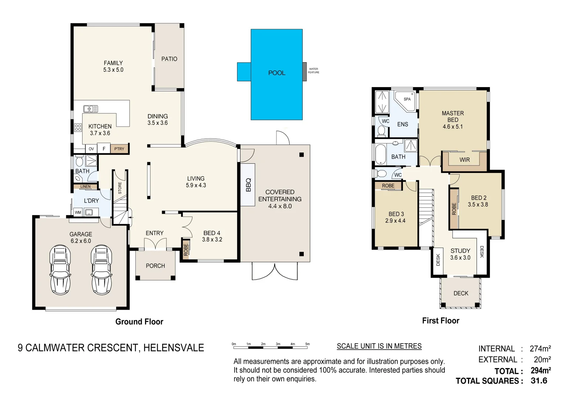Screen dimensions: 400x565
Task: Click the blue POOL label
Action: coord(276,73)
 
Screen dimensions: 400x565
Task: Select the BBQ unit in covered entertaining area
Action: coord(248,184)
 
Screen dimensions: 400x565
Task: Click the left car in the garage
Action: coord(60,269)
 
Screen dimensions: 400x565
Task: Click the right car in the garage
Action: coord(101,269)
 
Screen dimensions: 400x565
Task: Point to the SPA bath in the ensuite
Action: coord(405,100)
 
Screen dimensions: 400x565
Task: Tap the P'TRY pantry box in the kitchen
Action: coord(119,149)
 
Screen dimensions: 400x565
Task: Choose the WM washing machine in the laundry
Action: coord(78,213)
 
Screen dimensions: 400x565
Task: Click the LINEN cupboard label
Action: coord(85,187)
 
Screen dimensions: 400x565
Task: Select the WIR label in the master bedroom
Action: coord(464,160)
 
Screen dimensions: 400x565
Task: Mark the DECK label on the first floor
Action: coord(461,293)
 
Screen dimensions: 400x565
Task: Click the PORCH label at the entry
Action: coord(155,266)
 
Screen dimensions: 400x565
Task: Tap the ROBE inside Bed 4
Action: coord(186,249)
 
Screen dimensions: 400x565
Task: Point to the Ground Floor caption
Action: coord(139,321)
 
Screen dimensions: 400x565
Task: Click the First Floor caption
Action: coord(440,321)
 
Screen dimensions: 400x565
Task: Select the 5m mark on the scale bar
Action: coord(307,344)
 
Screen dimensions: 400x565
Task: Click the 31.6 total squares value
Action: coord(538,381)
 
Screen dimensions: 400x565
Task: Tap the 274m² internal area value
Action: coord(540,349)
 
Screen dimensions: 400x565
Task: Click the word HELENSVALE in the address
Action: coord(174,348)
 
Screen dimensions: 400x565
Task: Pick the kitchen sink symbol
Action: coord(91,109)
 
